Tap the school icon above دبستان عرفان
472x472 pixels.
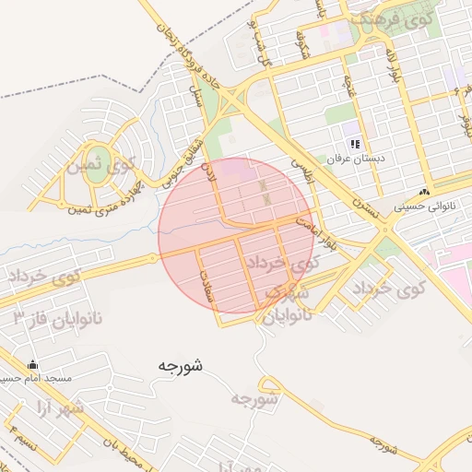(x=355, y=143)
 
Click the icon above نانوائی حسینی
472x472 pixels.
(x=423, y=192)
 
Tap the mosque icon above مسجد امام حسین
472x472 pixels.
(x=34, y=363)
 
